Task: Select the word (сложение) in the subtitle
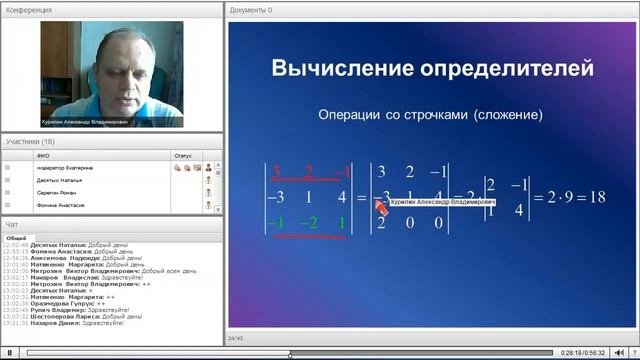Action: point(509,116)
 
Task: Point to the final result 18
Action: point(597,197)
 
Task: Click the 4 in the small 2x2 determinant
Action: point(520,210)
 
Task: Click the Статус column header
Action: point(182,156)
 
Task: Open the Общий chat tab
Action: point(16,238)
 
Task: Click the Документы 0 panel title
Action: point(251,10)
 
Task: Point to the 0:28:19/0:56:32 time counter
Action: point(582,353)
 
